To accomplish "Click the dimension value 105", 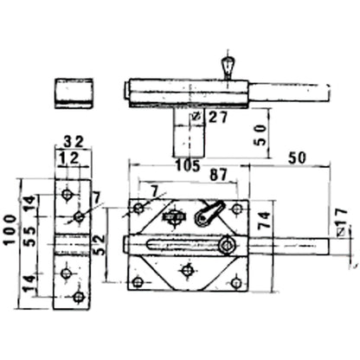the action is [x=188, y=166].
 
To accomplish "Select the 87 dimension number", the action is [x=218, y=175].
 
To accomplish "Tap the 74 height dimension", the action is [x=265, y=221].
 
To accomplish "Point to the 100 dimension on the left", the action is [x=10, y=229].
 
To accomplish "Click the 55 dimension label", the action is [x=30, y=236].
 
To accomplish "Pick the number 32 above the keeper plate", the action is [x=74, y=142].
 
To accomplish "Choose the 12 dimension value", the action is [x=67, y=158].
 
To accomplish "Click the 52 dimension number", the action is [x=99, y=245].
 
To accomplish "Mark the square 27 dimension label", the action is [x=210, y=117].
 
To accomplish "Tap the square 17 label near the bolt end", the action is [x=342, y=222].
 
